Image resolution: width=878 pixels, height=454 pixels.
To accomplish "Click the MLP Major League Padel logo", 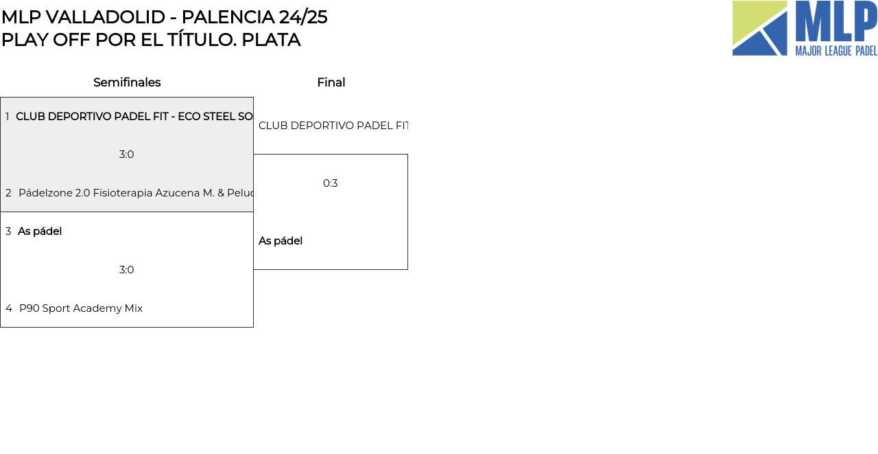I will [805, 28].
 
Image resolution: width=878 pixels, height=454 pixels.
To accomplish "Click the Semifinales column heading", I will [127, 82].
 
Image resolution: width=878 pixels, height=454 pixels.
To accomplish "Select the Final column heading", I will [331, 82].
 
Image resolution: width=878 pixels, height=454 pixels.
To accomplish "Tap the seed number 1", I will [8, 117].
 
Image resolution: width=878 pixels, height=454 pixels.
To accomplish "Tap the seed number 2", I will [8, 193].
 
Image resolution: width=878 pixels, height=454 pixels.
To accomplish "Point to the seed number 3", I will [8, 231].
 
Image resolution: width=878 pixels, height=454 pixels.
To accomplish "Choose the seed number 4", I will [9, 308].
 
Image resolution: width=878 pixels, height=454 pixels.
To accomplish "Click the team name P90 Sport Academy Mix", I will [81, 308].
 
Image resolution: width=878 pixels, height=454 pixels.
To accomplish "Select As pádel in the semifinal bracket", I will [40, 231].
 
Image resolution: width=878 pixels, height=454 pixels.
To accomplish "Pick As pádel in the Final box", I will [281, 241].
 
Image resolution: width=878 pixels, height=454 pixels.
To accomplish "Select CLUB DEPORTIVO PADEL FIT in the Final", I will [333, 126].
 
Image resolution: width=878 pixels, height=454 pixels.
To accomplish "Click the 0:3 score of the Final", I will [331, 183].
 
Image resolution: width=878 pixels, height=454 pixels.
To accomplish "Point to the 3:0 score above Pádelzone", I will [127, 155].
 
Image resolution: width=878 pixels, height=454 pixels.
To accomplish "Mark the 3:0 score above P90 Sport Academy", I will [127, 270].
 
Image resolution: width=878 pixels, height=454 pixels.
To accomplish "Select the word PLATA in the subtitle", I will [271, 40].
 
